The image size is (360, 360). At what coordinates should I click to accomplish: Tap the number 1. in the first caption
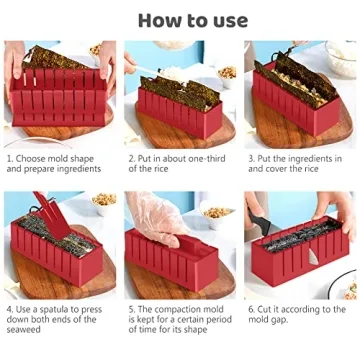[10, 157]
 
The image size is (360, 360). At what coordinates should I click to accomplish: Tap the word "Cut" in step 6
[269, 310]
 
